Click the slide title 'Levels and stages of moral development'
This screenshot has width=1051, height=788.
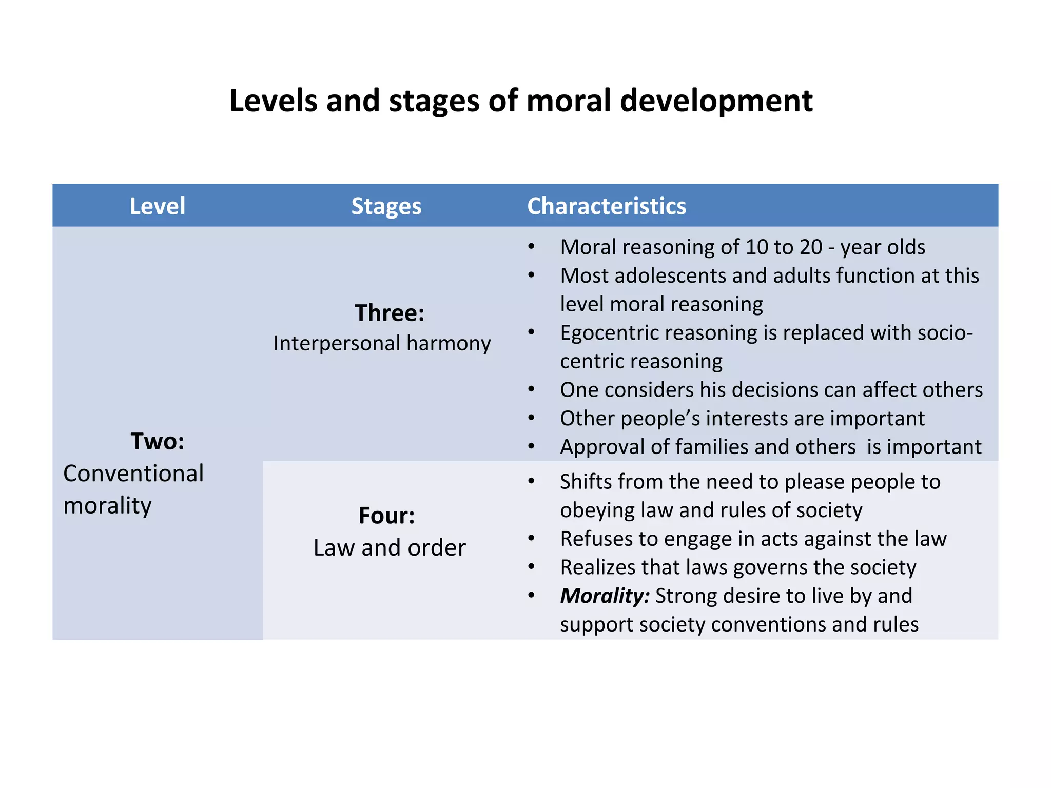(520, 101)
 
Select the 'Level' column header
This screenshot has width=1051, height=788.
(157, 206)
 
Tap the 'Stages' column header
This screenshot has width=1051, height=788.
(386, 206)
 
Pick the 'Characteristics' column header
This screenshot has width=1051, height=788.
(606, 206)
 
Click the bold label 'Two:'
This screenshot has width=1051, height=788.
(157, 441)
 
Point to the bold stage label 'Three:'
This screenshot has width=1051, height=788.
(390, 313)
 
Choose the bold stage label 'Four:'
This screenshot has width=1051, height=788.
(386, 516)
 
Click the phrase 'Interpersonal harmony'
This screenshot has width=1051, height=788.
(382, 343)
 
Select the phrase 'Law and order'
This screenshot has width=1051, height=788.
(390, 548)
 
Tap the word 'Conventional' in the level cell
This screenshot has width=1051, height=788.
(133, 474)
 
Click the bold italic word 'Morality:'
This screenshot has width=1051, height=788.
(605, 596)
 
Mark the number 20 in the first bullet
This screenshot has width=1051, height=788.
(810, 247)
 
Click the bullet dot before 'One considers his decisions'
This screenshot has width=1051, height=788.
(531, 390)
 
